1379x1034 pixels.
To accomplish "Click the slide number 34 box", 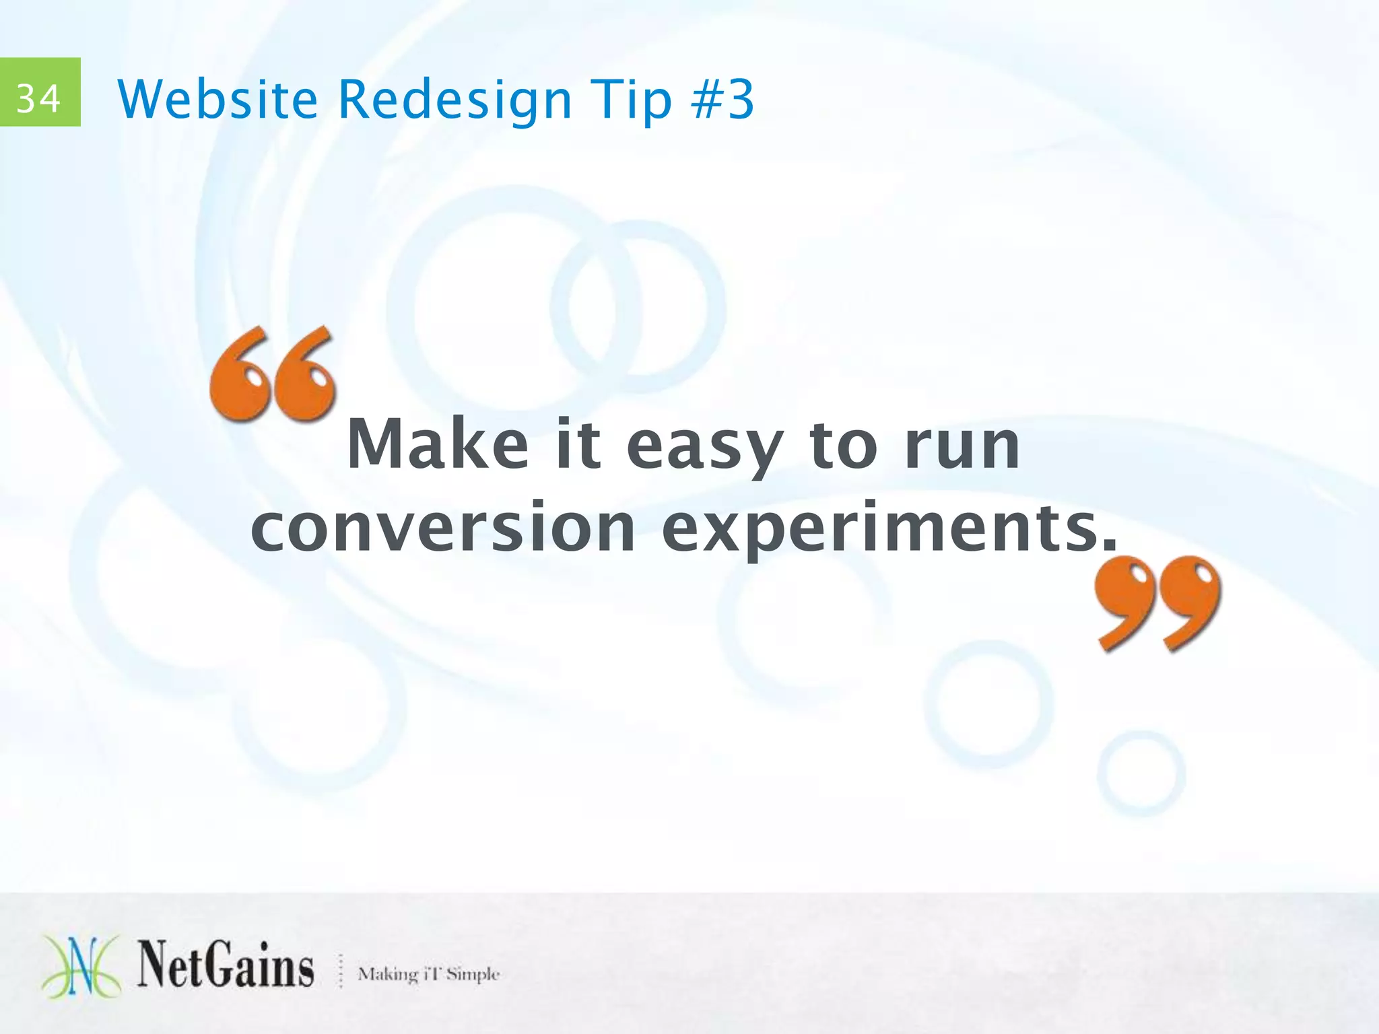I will [40, 92].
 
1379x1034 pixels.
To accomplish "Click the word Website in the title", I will [217, 100].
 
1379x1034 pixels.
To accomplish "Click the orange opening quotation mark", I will [273, 374].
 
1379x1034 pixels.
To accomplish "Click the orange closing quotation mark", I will [1157, 603].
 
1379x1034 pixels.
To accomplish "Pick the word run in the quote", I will [962, 446].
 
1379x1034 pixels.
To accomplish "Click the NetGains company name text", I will [226, 965].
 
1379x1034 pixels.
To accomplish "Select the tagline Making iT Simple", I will [429, 974].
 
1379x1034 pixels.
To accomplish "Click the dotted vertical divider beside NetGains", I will [341, 971].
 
